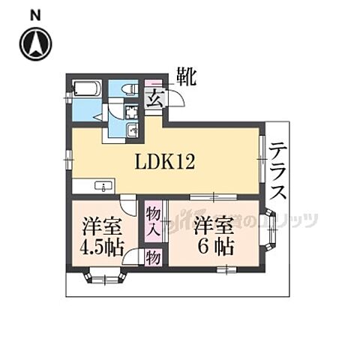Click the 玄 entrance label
point(153,99)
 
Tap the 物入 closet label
point(153,221)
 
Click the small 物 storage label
point(153,258)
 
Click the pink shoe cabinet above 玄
point(154,82)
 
